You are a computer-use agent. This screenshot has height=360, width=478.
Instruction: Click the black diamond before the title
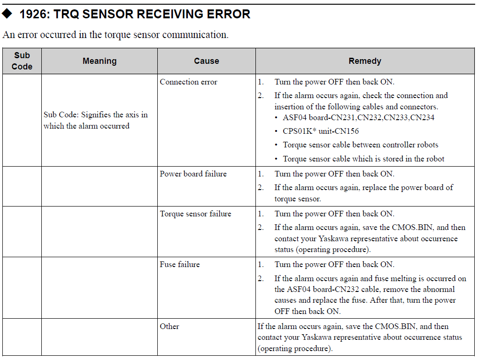click(x=7, y=14)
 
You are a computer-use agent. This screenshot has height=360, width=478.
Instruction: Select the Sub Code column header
click(x=22, y=61)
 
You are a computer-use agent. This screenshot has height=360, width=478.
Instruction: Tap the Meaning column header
click(x=100, y=61)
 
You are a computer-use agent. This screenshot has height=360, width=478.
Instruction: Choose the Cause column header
click(x=207, y=61)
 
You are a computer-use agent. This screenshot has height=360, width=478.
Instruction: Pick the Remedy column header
click(x=365, y=61)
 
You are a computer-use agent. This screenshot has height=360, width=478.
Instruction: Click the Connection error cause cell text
click(x=188, y=82)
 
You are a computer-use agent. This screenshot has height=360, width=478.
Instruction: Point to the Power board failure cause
click(x=193, y=174)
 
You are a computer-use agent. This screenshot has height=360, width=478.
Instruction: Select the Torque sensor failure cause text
click(x=196, y=214)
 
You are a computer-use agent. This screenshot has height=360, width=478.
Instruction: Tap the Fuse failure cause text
click(x=180, y=265)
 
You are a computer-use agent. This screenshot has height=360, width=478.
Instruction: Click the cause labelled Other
click(x=170, y=327)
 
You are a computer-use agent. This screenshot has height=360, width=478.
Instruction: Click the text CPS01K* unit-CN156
click(x=321, y=131)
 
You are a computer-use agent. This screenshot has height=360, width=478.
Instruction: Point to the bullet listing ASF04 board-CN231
click(x=359, y=118)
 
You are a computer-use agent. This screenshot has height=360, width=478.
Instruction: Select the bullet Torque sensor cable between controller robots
click(x=361, y=145)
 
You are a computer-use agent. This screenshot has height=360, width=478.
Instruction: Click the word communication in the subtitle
click(x=195, y=35)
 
